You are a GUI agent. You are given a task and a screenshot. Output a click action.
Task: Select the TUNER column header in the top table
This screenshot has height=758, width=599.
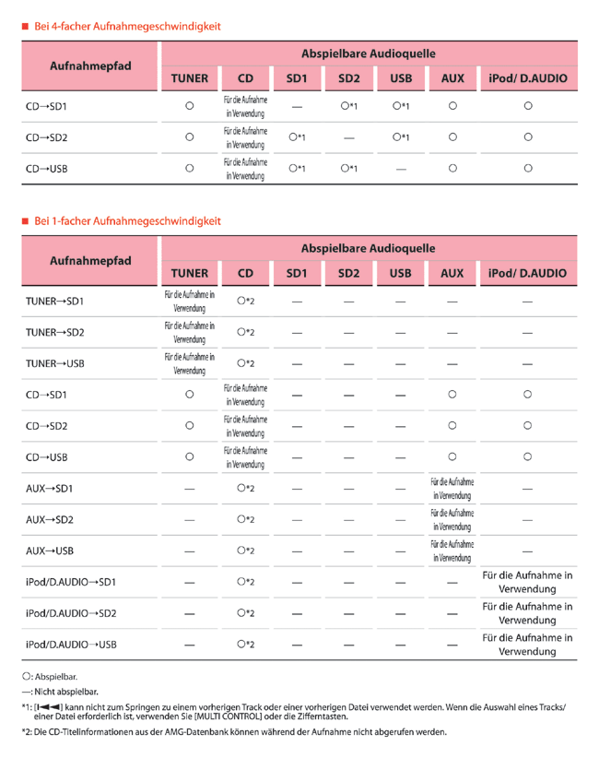click(189, 78)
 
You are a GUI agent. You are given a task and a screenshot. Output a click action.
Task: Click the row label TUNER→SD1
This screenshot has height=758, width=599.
click(54, 301)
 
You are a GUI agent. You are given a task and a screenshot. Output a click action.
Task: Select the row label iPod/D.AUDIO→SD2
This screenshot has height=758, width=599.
click(70, 612)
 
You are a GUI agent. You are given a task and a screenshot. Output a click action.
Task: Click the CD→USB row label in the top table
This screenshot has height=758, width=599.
click(46, 168)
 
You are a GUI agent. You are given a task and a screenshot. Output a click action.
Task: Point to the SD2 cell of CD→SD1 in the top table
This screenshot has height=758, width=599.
click(347, 106)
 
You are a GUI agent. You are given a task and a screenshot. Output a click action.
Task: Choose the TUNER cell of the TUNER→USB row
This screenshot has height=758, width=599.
click(189, 363)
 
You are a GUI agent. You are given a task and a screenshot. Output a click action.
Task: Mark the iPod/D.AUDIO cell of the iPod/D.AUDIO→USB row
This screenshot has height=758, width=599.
click(528, 645)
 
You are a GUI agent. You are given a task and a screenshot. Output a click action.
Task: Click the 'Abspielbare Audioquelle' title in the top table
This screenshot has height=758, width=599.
click(369, 53)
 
